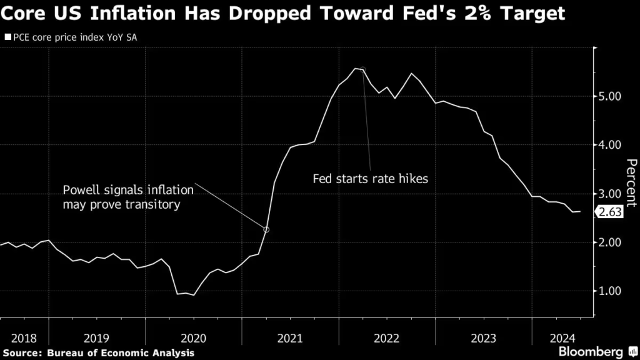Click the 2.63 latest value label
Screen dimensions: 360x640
click(x=610, y=212)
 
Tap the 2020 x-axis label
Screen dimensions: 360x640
click(x=193, y=338)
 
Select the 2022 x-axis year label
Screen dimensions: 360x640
click(x=387, y=338)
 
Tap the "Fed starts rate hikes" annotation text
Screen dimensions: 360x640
click(x=370, y=179)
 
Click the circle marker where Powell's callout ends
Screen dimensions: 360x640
click(x=267, y=230)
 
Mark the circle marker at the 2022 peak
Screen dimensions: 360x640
click(x=363, y=69)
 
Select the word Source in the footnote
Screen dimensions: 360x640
click(x=21, y=352)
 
